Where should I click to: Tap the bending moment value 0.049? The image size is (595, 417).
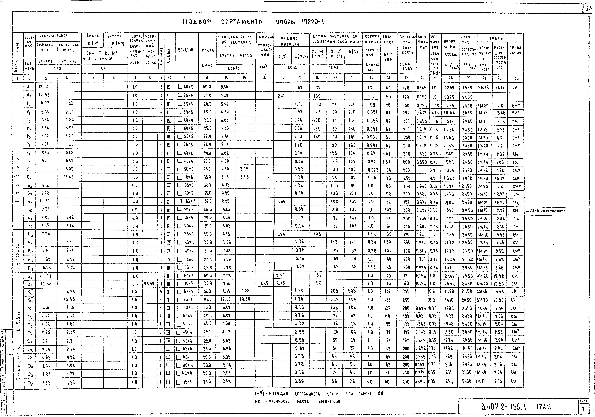click(150, 283)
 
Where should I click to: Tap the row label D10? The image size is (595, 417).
click(30, 382)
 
